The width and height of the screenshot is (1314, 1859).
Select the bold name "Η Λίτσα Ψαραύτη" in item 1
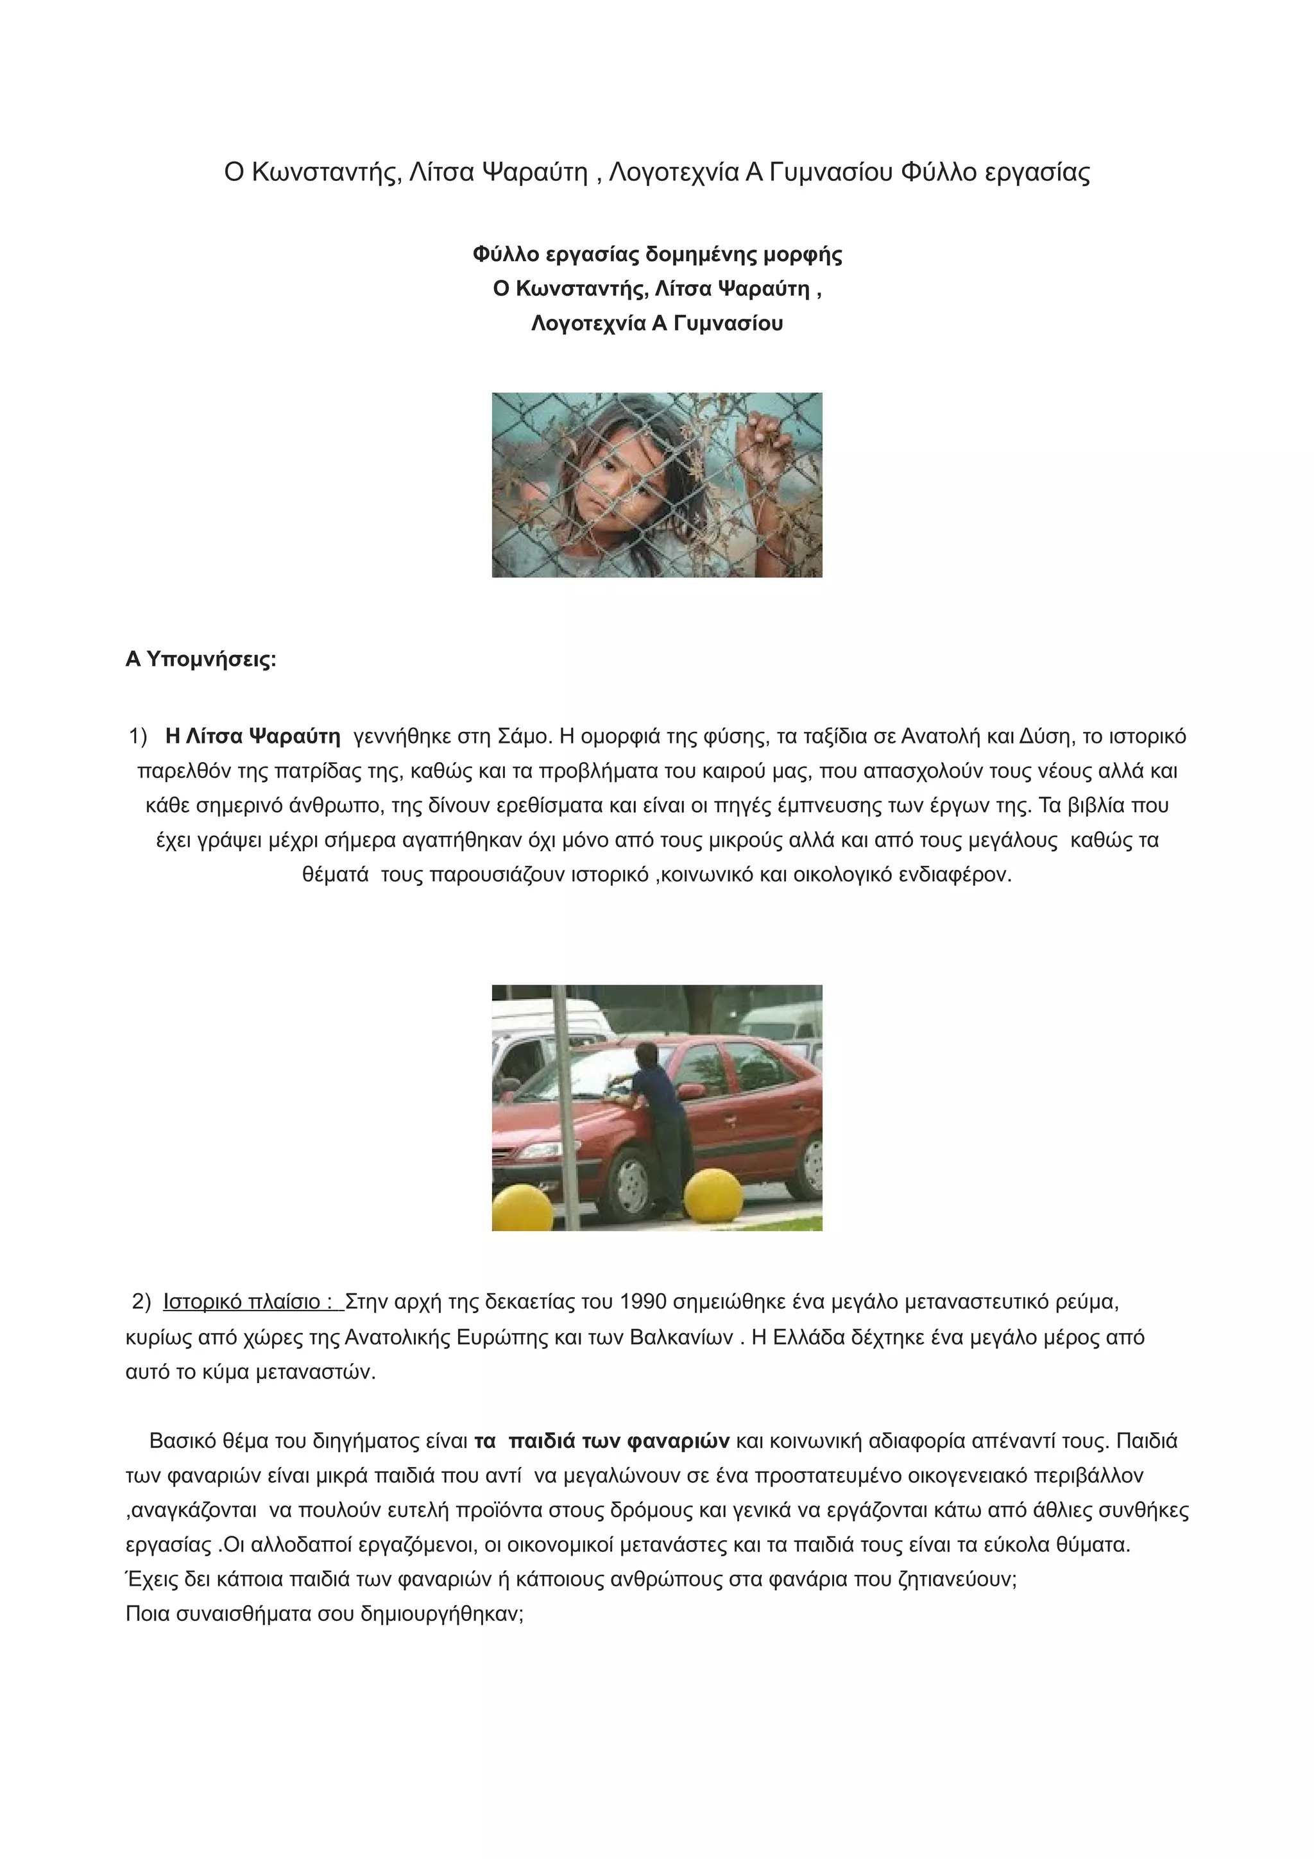click(253, 737)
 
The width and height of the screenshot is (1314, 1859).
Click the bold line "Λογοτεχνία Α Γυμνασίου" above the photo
click(656, 324)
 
